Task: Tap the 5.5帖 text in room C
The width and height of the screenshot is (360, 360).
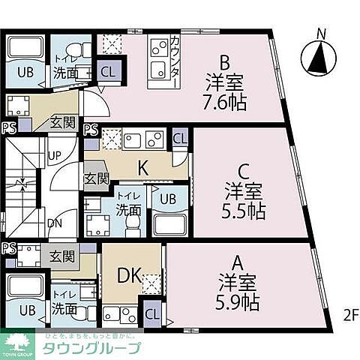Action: pyautogui.click(x=244, y=211)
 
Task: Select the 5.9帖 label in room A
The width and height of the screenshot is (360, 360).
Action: pyautogui.click(x=239, y=303)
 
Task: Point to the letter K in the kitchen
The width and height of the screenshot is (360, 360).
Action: pyautogui.click(x=141, y=169)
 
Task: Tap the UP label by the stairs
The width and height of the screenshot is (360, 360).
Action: pyautogui.click(x=55, y=156)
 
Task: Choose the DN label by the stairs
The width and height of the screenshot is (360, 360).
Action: pyautogui.click(x=55, y=223)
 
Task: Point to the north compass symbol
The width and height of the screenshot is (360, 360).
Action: pyautogui.click(x=320, y=55)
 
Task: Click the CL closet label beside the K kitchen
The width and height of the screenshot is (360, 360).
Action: pyautogui.click(x=179, y=139)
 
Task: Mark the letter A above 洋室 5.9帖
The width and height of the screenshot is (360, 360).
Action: pyautogui.click(x=238, y=262)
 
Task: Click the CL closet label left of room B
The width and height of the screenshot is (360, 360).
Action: pyautogui.click(x=108, y=73)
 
